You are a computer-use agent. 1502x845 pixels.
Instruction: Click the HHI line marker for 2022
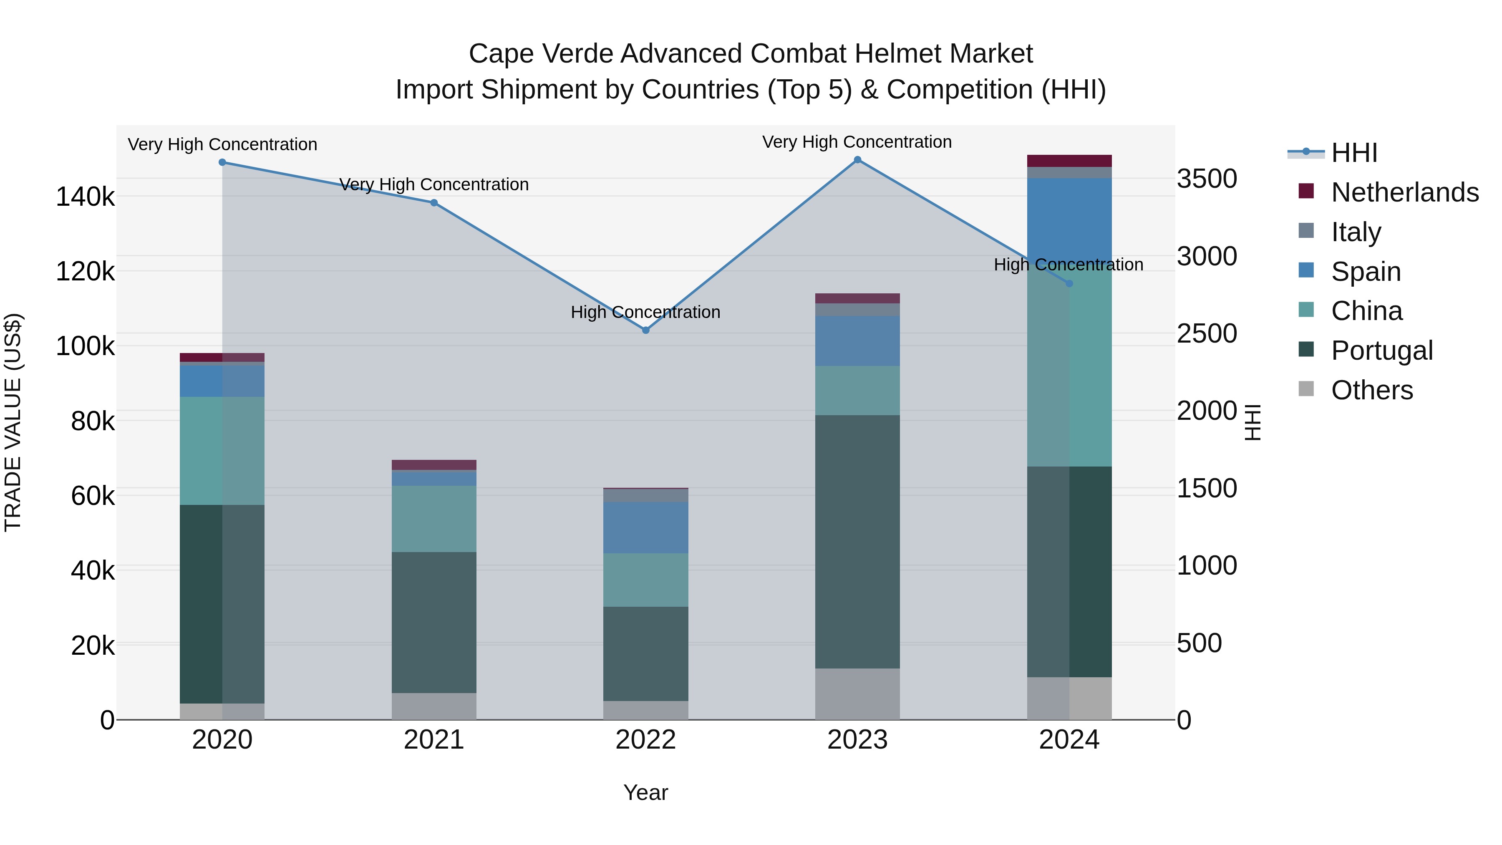point(645,330)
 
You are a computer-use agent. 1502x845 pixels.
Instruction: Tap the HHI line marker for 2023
point(857,160)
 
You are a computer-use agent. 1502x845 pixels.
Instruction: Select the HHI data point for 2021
point(434,203)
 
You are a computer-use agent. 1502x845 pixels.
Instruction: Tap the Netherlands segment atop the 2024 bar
point(1069,161)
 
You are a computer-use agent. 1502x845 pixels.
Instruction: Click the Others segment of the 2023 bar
point(857,694)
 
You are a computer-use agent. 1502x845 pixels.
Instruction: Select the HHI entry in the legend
point(1354,153)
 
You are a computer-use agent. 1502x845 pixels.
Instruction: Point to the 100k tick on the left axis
point(85,346)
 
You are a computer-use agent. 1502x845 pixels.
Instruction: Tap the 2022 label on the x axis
point(645,740)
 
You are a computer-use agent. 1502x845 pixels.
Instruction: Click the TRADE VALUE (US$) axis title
point(13,422)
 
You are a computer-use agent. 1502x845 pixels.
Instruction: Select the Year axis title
point(645,792)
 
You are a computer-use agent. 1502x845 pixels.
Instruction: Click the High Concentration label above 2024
point(1068,265)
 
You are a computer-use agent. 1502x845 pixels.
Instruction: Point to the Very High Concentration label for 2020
point(222,145)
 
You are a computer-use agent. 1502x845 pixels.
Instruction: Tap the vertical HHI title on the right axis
point(1252,422)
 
